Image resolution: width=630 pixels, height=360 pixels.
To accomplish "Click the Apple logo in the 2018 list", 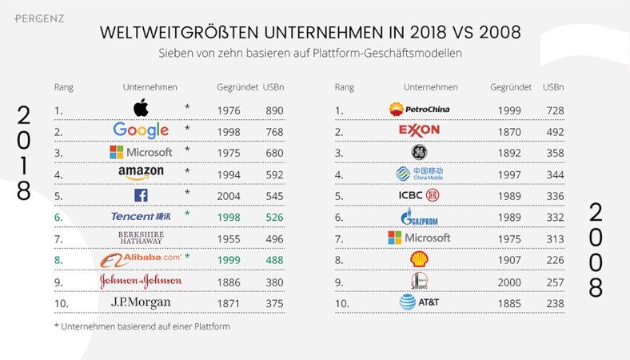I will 141,109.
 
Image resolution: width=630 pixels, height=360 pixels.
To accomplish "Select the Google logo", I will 141,130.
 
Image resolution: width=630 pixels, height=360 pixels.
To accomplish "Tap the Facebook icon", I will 141,194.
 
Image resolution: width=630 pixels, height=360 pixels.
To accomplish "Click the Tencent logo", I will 140,216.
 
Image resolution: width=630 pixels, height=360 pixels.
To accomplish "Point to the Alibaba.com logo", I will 141,258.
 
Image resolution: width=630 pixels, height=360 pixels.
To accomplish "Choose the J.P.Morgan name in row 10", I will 141,302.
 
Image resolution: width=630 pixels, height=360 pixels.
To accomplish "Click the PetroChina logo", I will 418,110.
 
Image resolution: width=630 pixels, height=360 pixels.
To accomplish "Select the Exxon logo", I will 418,130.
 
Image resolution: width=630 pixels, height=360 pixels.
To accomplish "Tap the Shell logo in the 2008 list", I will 419,259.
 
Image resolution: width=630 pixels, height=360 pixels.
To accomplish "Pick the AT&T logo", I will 419,302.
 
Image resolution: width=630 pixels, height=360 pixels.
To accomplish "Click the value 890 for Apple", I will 273,110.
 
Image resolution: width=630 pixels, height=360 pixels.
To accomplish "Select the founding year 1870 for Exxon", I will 508,132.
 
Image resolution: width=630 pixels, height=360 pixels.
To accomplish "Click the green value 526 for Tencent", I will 273,217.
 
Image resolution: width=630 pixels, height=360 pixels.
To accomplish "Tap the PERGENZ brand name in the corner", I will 39,18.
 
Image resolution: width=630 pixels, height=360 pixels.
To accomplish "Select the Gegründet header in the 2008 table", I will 511,87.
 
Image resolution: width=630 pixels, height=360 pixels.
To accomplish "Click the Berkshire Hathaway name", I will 141,238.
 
